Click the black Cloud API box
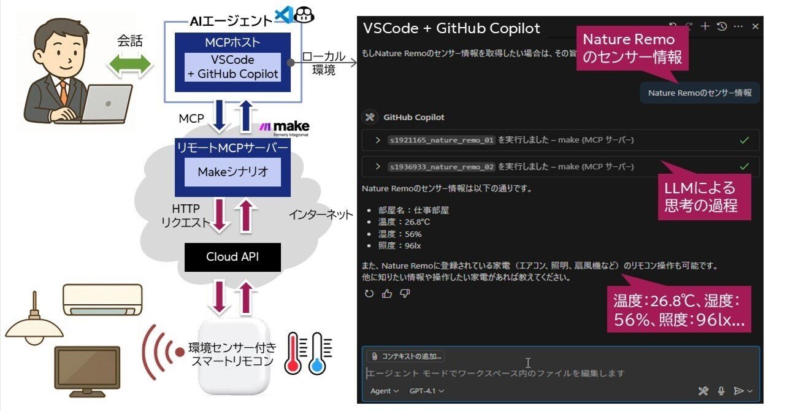click(232, 256)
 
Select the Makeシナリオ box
click(232, 172)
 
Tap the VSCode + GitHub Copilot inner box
click(233, 67)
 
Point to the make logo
click(283, 128)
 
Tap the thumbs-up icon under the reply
click(386, 294)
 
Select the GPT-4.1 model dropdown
click(427, 391)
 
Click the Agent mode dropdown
click(385, 391)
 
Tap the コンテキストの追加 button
click(405, 356)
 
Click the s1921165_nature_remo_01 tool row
click(561, 140)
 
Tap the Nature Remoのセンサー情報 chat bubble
click(699, 93)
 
